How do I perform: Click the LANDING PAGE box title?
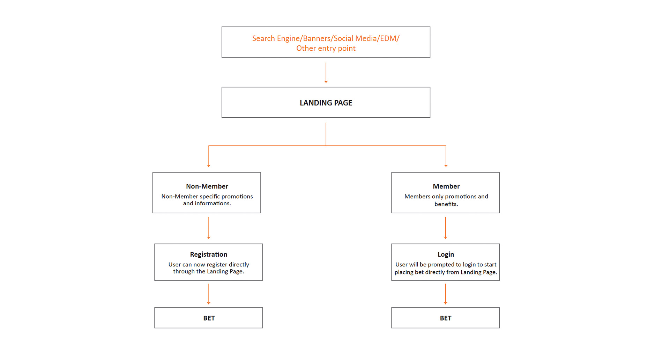[326, 103]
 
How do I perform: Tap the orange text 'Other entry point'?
[326, 49]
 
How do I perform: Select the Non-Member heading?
[207, 186]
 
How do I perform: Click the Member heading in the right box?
[446, 186]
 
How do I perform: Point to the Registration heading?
[209, 255]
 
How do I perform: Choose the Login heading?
[446, 255]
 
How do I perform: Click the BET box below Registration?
[209, 318]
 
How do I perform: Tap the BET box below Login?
[446, 318]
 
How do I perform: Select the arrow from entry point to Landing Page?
[326, 73]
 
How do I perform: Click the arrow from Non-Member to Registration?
[209, 228]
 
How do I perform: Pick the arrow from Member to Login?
[445, 228]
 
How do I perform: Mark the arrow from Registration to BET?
[209, 294]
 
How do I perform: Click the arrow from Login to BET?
[445, 294]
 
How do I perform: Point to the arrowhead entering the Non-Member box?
[209, 166]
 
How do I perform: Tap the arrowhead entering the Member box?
[446, 166]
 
